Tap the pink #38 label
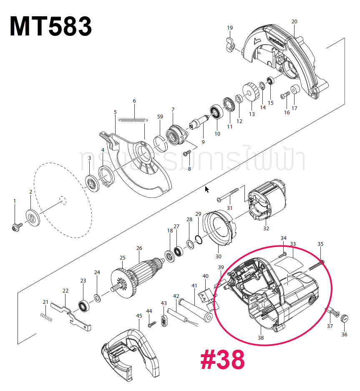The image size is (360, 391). (x=222, y=360)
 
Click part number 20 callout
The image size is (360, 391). (x=294, y=22)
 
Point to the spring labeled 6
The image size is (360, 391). (x=133, y=120)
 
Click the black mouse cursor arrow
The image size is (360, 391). (x=207, y=190)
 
